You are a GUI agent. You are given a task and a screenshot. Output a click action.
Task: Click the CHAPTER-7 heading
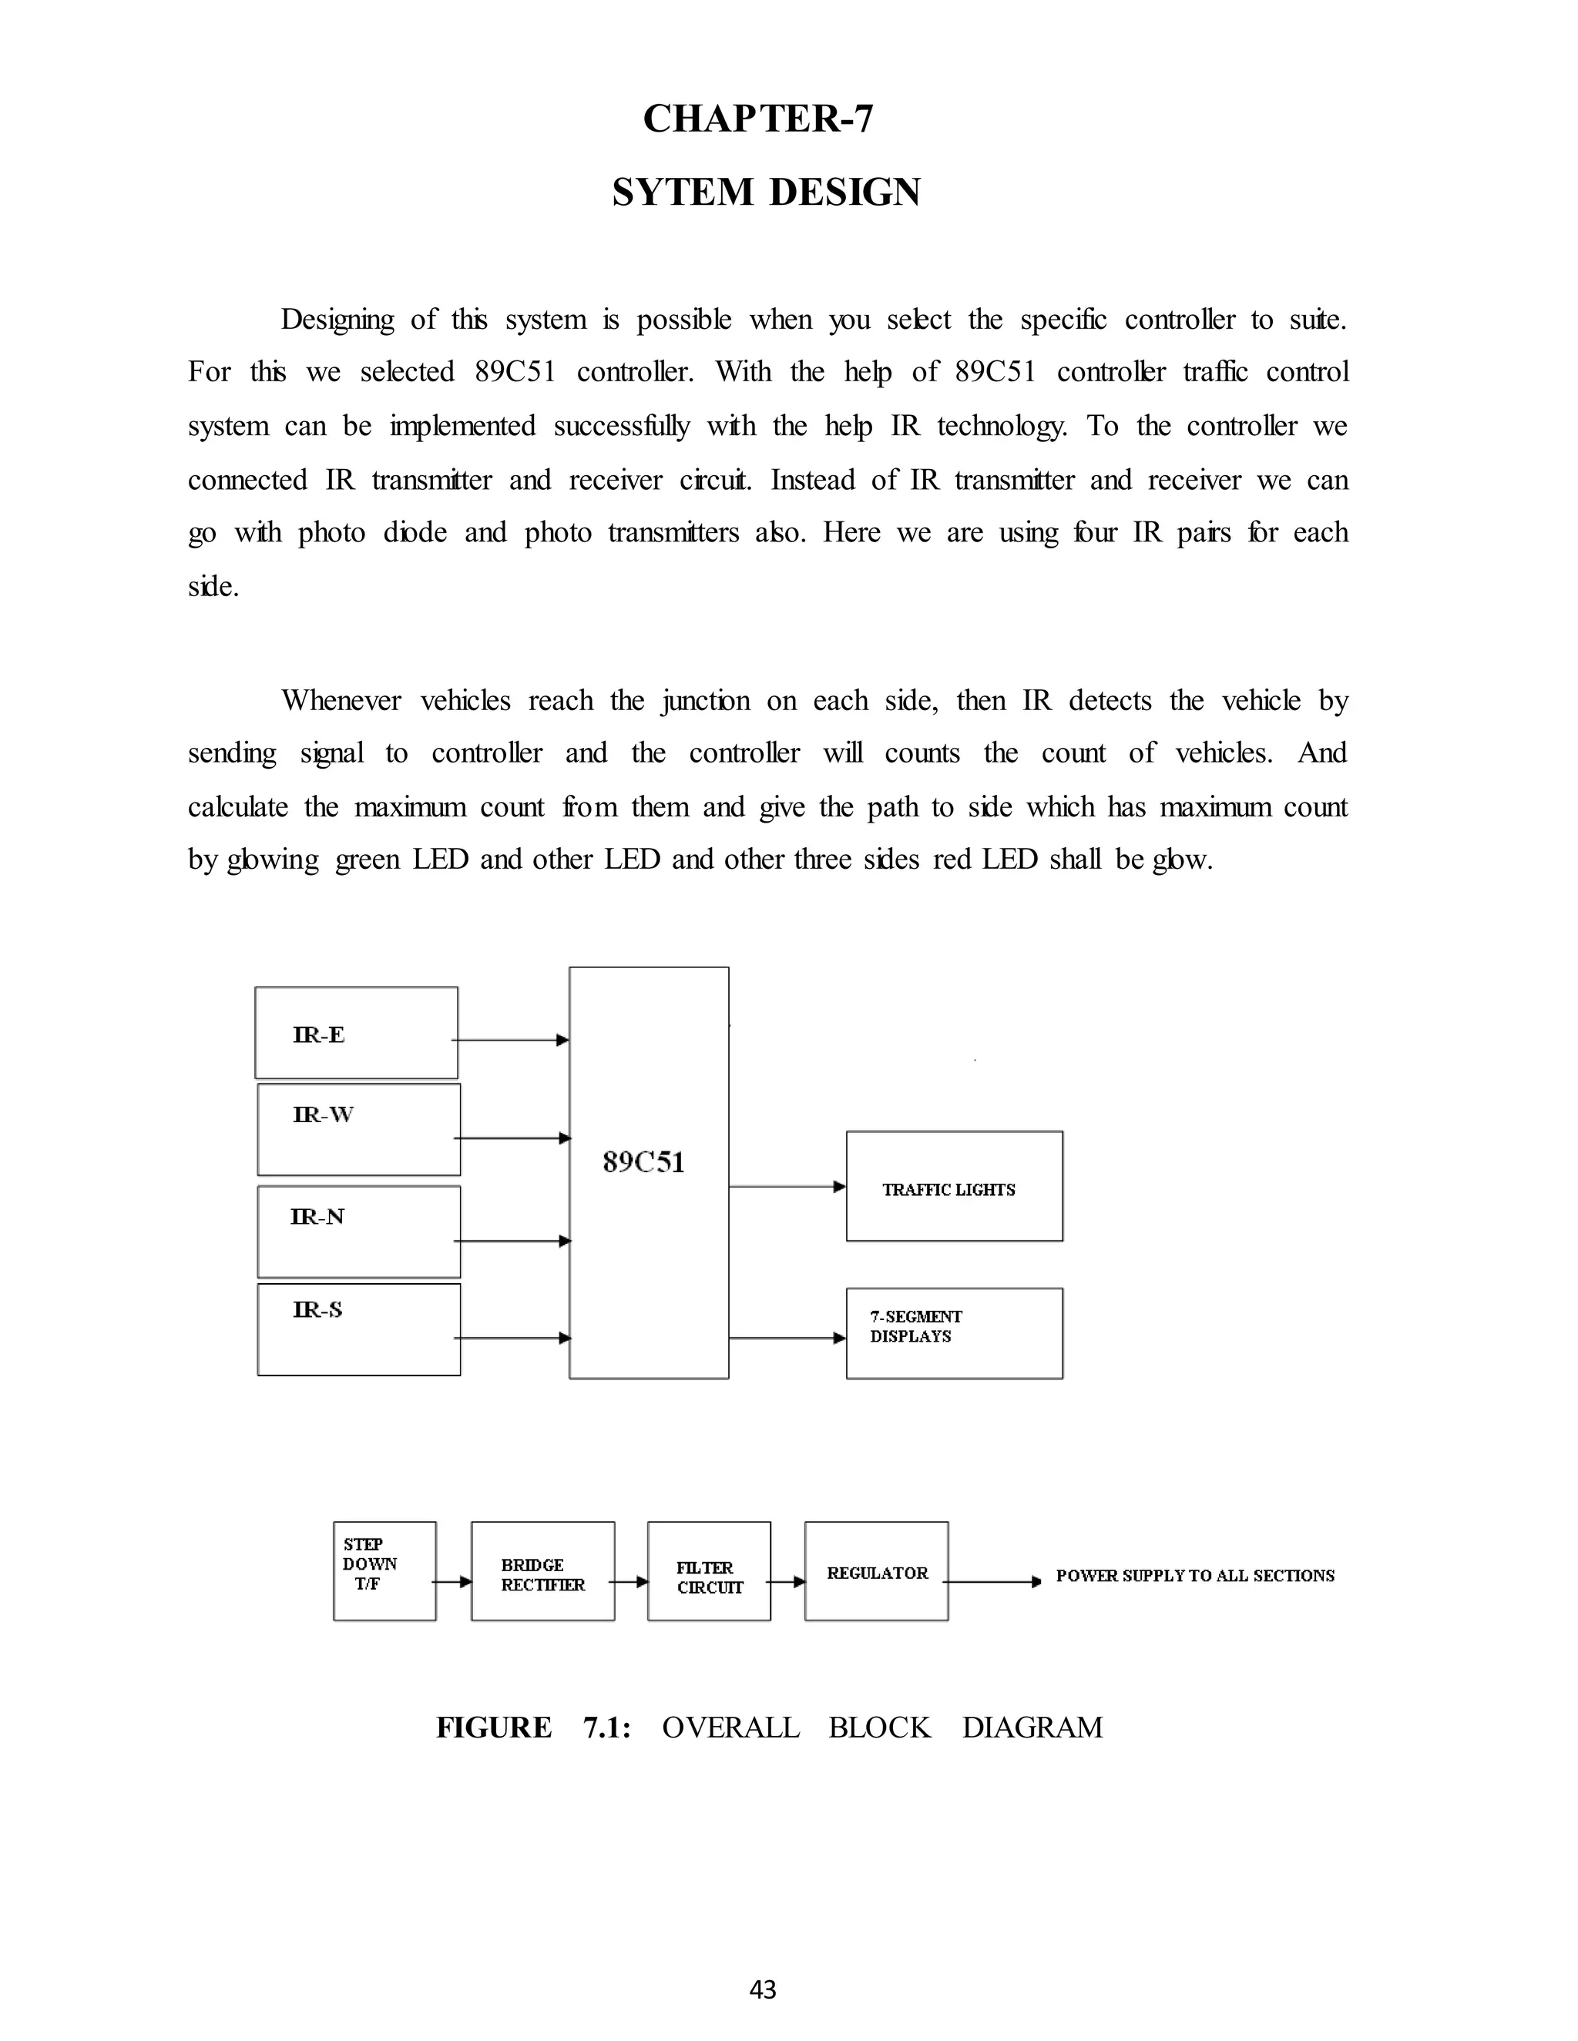758,119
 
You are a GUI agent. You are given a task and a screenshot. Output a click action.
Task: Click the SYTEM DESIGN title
766,193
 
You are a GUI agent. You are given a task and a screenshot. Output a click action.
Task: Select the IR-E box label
319,1034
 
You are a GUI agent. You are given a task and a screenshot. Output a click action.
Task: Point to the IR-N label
317,1217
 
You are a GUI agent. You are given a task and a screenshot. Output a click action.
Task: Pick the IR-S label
317,1309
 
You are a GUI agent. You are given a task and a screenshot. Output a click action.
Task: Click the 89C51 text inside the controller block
644,1161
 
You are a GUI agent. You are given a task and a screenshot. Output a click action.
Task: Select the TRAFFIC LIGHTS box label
948,1190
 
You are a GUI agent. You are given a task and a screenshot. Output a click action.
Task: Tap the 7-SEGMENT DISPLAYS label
915,1326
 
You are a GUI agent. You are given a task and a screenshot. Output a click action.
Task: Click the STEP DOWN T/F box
384,1571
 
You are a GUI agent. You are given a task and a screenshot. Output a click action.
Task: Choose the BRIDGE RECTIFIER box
542,1575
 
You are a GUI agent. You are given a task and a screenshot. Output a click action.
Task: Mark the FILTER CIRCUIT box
709,1577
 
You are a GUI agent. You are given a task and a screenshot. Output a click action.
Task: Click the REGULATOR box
876,1573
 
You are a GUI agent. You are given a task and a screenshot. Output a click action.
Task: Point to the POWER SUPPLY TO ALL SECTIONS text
1195,1576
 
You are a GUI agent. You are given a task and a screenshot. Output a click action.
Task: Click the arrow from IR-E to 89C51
512,1040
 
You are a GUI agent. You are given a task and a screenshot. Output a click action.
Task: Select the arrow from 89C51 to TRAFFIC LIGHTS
787,1187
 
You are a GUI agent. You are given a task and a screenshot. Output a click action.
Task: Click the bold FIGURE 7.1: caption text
533,1727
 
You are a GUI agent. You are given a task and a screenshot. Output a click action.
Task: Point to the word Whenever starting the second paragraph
341,700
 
